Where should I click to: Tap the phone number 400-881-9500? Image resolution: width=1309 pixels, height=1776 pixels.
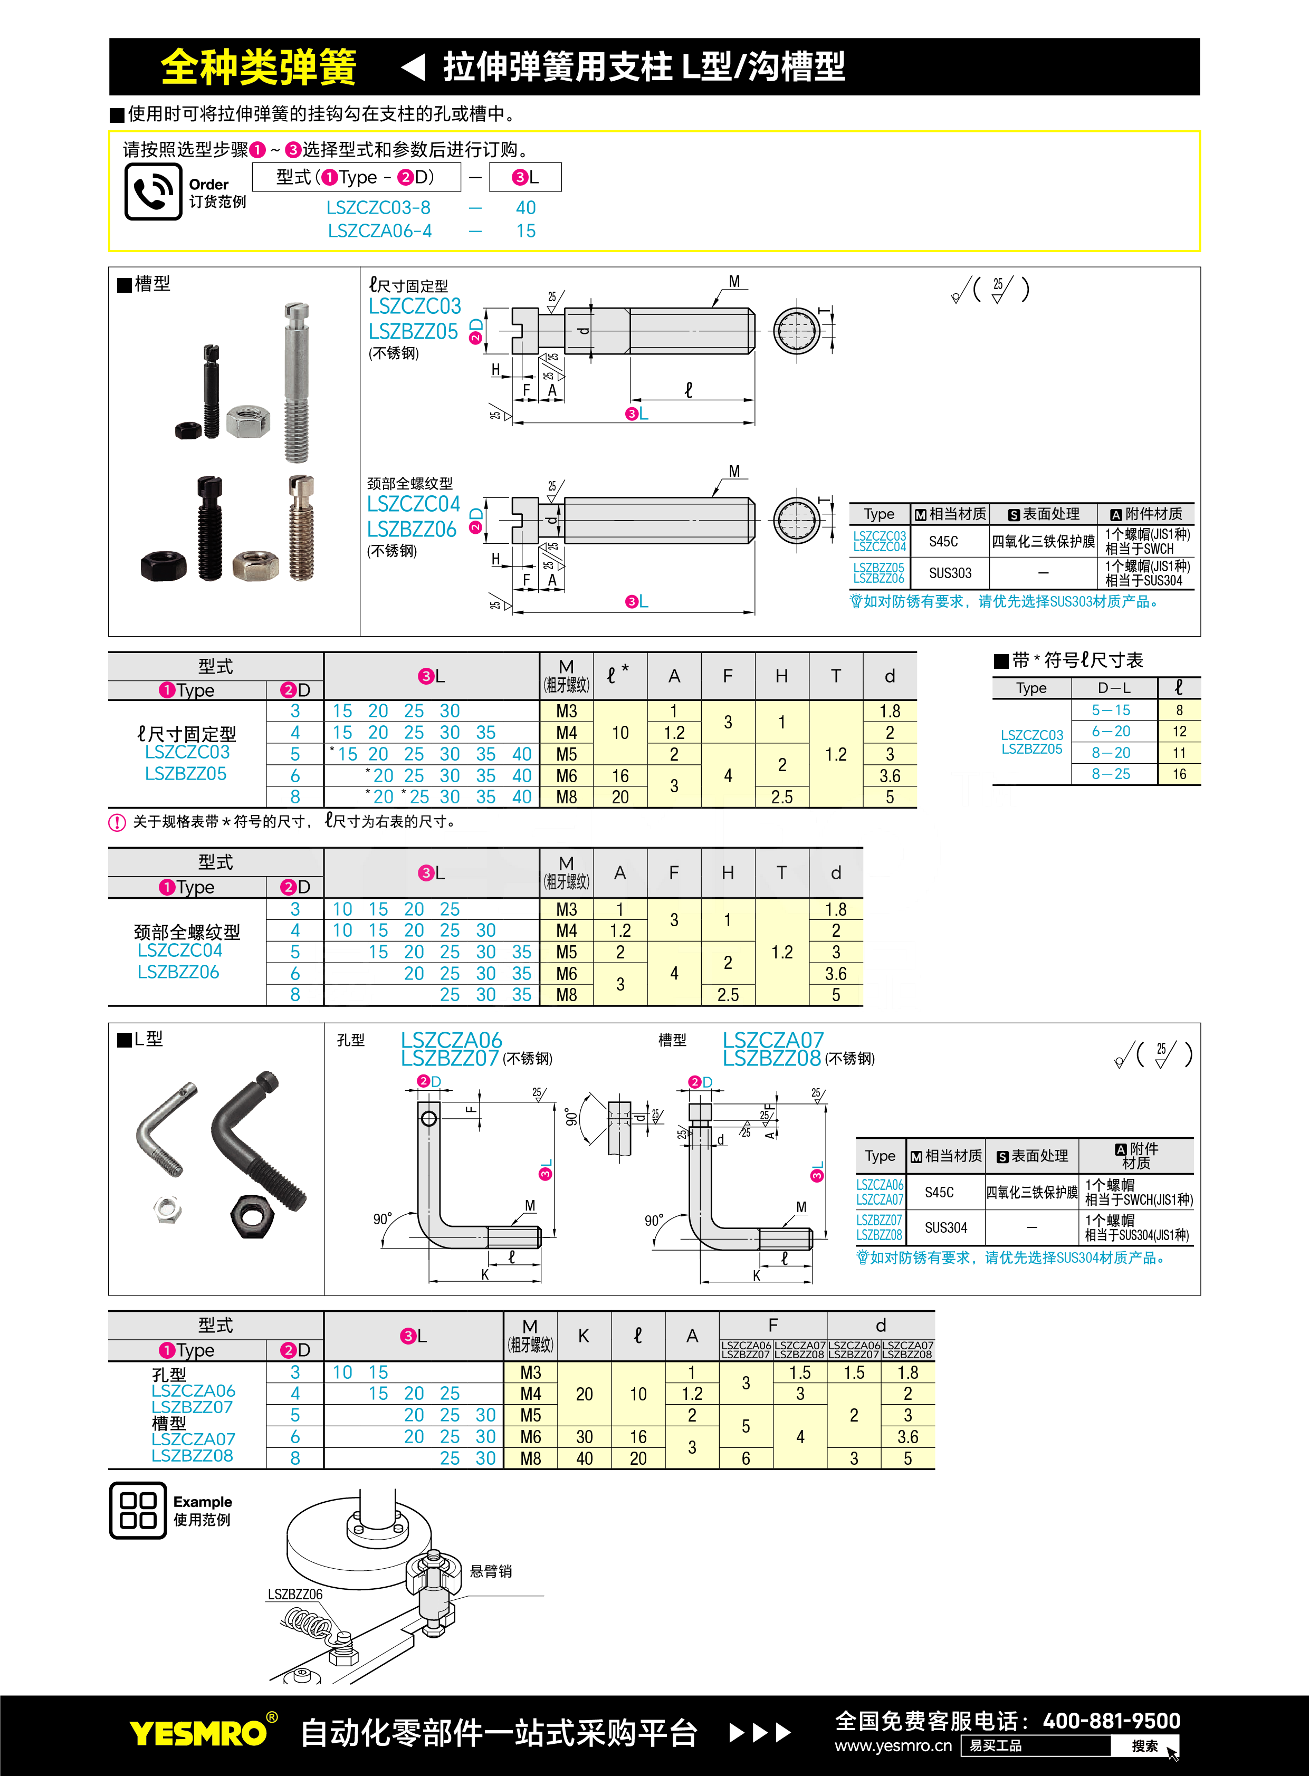point(1111,1721)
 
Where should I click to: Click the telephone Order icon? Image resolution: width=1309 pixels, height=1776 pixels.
point(153,191)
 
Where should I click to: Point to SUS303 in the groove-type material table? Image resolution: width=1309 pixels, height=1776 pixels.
point(950,573)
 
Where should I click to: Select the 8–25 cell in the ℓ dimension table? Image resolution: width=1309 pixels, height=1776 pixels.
point(1111,774)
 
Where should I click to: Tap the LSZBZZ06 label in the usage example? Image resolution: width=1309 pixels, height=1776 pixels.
point(295,1594)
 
